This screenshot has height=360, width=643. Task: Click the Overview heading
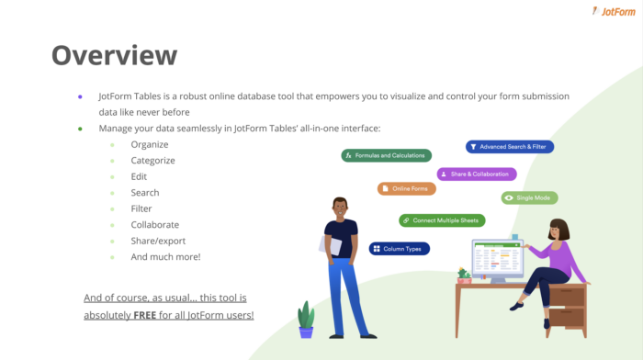point(114,55)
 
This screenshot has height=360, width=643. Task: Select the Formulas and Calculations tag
point(387,155)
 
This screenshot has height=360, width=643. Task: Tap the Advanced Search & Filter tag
point(510,146)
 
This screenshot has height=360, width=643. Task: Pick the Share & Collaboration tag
point(476,174)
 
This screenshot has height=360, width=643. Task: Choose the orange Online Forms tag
point(407,188)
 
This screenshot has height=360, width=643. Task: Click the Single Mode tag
point(529,197)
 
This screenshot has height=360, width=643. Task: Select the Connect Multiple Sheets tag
point(442,220)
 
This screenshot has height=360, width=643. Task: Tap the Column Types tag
point(400,248)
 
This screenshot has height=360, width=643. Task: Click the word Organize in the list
point(150,144)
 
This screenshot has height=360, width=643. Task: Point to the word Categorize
point(152,160)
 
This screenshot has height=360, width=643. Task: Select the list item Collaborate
point(154,224)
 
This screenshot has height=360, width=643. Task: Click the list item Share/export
point(157,241)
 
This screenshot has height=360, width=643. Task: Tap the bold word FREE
point(145,315)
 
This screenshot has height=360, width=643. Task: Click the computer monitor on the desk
point(497,260)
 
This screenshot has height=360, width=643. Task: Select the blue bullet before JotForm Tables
point(80,96)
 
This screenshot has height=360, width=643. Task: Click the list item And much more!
point(165,256)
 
